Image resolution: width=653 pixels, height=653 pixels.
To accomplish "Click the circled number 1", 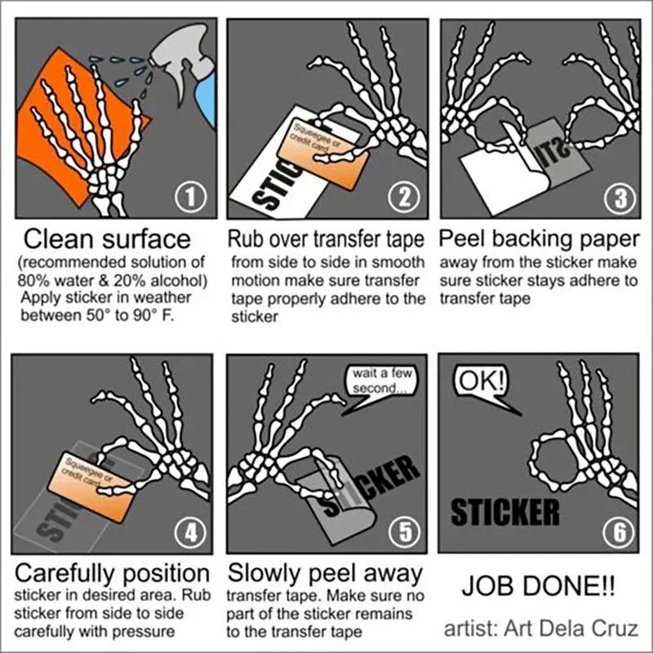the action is (191, 198).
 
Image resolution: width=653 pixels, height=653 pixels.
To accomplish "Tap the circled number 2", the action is (404, 198).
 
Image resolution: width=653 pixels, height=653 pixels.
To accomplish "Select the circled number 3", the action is (620, 198).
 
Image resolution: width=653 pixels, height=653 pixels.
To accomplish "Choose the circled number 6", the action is (620, 533).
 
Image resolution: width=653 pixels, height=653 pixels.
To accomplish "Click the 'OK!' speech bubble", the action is (483, 385).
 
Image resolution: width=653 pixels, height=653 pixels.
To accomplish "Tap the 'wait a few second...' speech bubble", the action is (381, 385).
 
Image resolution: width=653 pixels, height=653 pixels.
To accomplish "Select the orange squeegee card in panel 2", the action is (322, 155).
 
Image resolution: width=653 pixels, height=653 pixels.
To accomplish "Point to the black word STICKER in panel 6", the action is (505, 512).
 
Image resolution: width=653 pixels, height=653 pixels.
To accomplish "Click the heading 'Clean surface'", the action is (107, 239).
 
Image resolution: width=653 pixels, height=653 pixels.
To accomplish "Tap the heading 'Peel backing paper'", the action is (539, 239).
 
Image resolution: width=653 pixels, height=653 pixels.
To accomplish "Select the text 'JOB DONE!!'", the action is (538, 585).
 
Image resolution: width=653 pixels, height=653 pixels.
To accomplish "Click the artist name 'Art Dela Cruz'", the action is (571, 629).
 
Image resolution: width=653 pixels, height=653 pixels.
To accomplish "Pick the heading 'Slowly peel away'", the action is (325, 573).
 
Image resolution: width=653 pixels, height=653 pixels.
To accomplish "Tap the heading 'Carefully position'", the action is (112, 573).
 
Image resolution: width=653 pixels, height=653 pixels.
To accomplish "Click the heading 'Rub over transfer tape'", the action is (326, 239).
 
